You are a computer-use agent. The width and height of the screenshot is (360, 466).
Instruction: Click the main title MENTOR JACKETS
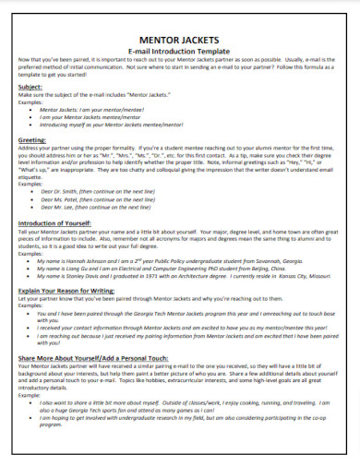(x=180, y=40)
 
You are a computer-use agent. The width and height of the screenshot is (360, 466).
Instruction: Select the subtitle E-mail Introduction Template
(x=180, y=51)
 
